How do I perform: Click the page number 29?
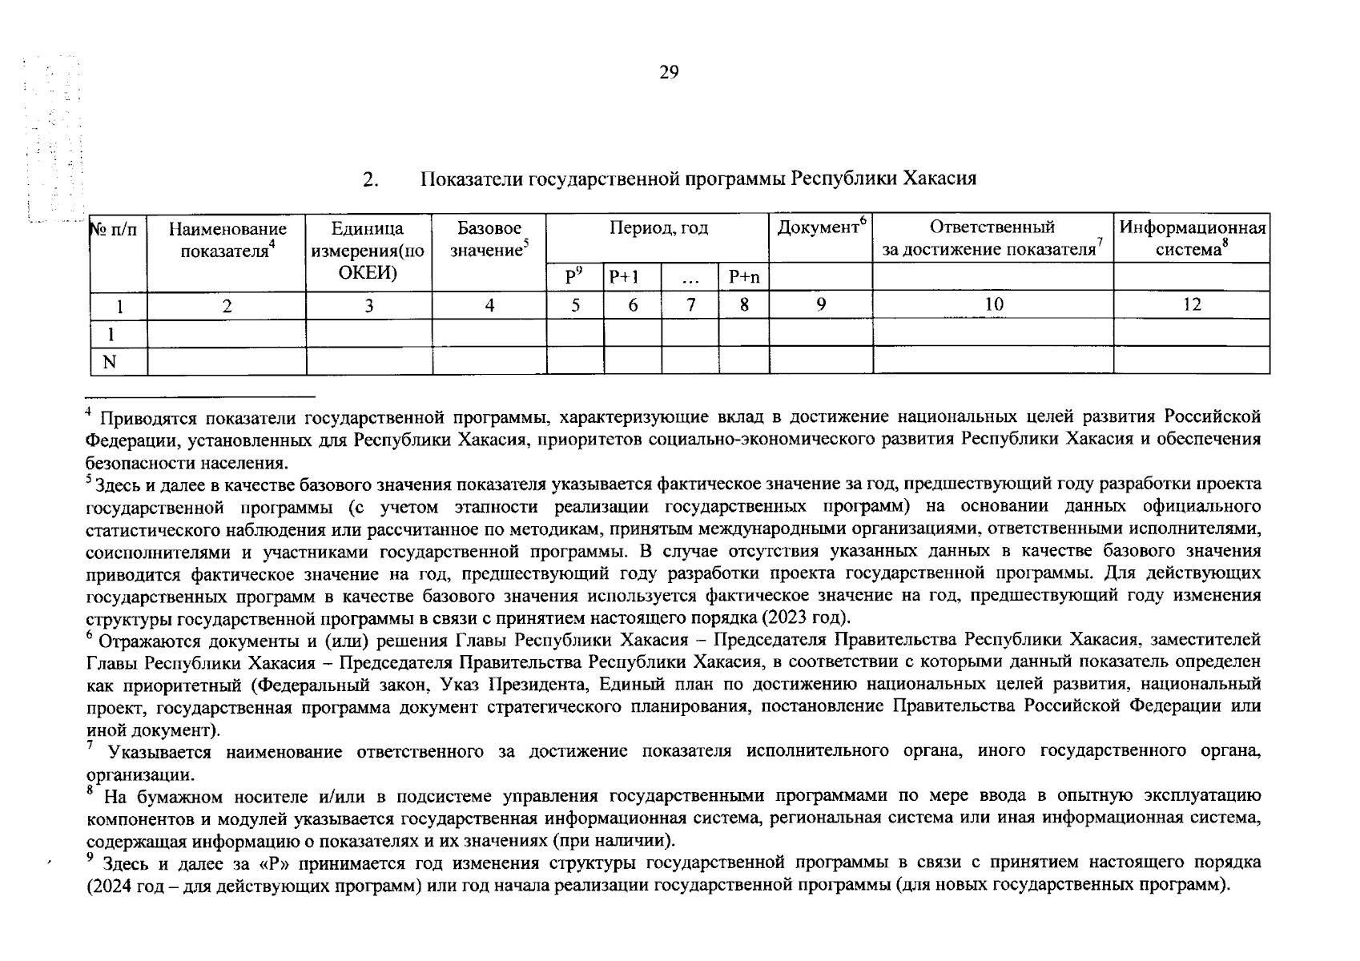click(x=669, y=74)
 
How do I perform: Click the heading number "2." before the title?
click(x=370, y=179)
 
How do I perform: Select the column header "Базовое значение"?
click(x=489, y=239)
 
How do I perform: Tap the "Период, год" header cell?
click(x=658, y=229)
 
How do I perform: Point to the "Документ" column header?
click(x=821, y=228)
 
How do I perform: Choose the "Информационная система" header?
click(x=1192, y=239)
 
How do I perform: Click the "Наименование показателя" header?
click(x=227, y=239)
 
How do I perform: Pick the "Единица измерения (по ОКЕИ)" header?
click(x=368, y=250)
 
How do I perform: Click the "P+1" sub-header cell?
click(x=624, y=278)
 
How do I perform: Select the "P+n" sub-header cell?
click(x=744, y=278)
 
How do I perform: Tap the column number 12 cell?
click(x=1192, y=304)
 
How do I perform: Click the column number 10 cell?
click(x=993, y=304)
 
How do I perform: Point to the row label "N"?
click(x=110, y=362)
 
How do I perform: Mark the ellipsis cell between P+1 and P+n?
click(x=690, y=278)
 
